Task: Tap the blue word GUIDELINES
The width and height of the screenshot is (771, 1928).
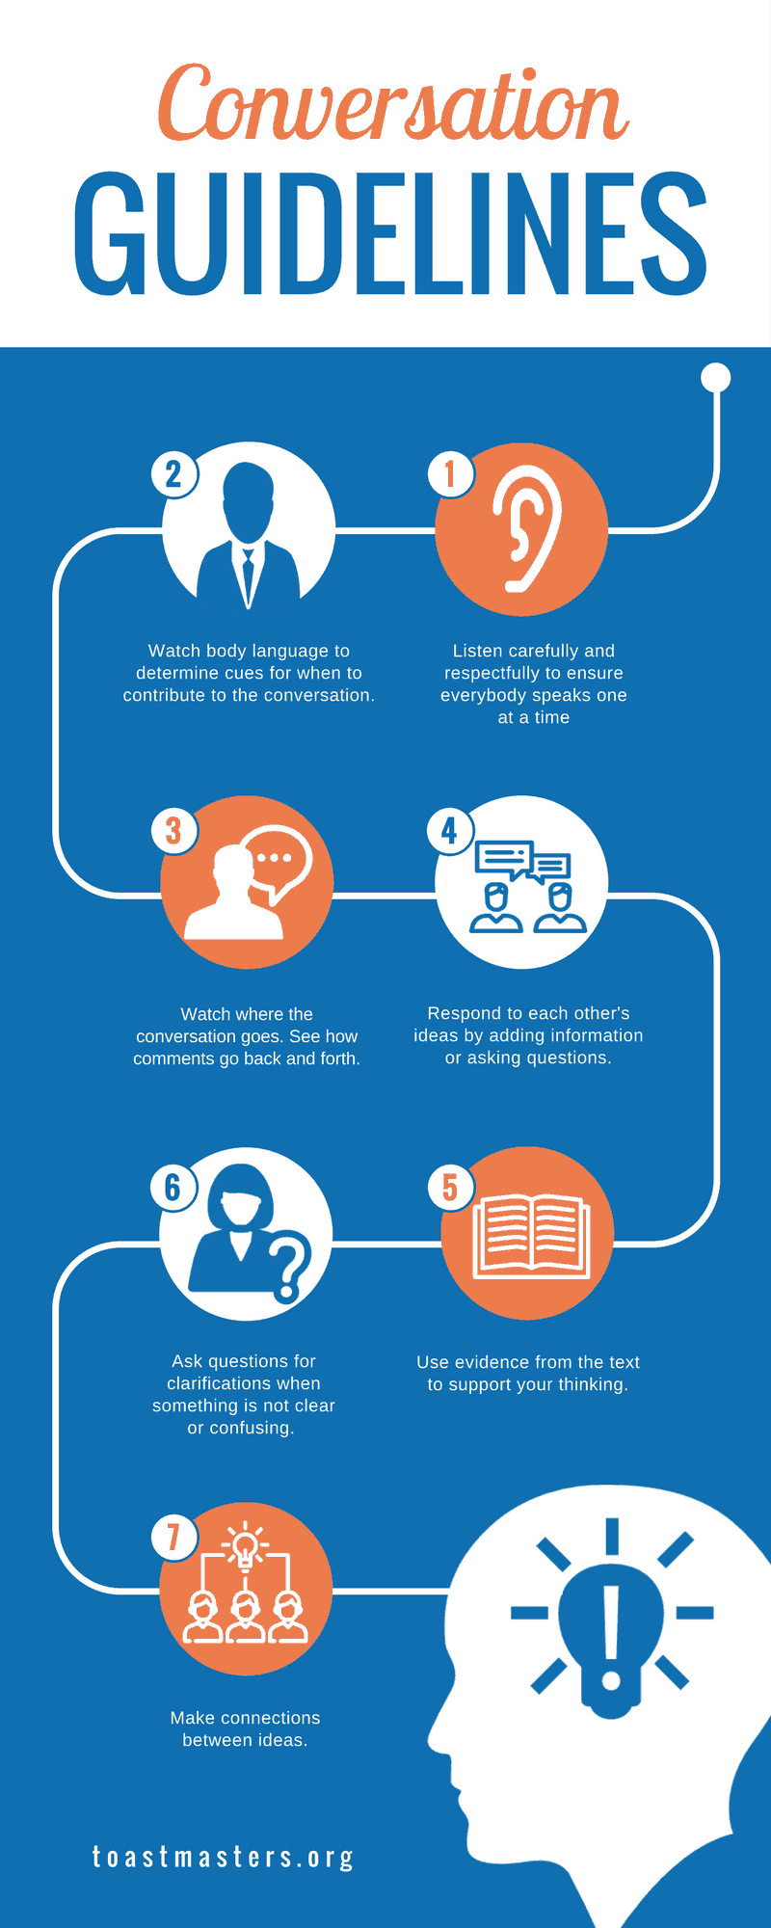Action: tap(390, 234)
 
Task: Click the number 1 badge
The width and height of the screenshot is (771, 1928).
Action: tap(450, 473)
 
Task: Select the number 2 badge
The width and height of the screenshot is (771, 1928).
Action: tap(174, 473)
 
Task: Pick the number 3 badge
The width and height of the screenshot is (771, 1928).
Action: tap(174, 830)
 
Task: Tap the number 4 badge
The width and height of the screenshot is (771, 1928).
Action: tap(450, 830)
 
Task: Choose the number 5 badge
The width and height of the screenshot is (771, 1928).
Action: tap(450, 1187)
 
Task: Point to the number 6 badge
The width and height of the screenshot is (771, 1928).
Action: tap(174, 1187)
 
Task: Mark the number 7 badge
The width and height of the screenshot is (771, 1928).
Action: tap(174, 1536)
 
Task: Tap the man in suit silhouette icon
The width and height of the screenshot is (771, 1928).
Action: tap(249, 535)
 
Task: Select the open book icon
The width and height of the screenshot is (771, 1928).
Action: tap(531, 1236)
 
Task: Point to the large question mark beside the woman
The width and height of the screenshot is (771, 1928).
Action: tap(290, 1265)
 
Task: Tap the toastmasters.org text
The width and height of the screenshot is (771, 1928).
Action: tap(223, 1857)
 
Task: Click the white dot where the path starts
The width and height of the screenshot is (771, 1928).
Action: tap(716, 377)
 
